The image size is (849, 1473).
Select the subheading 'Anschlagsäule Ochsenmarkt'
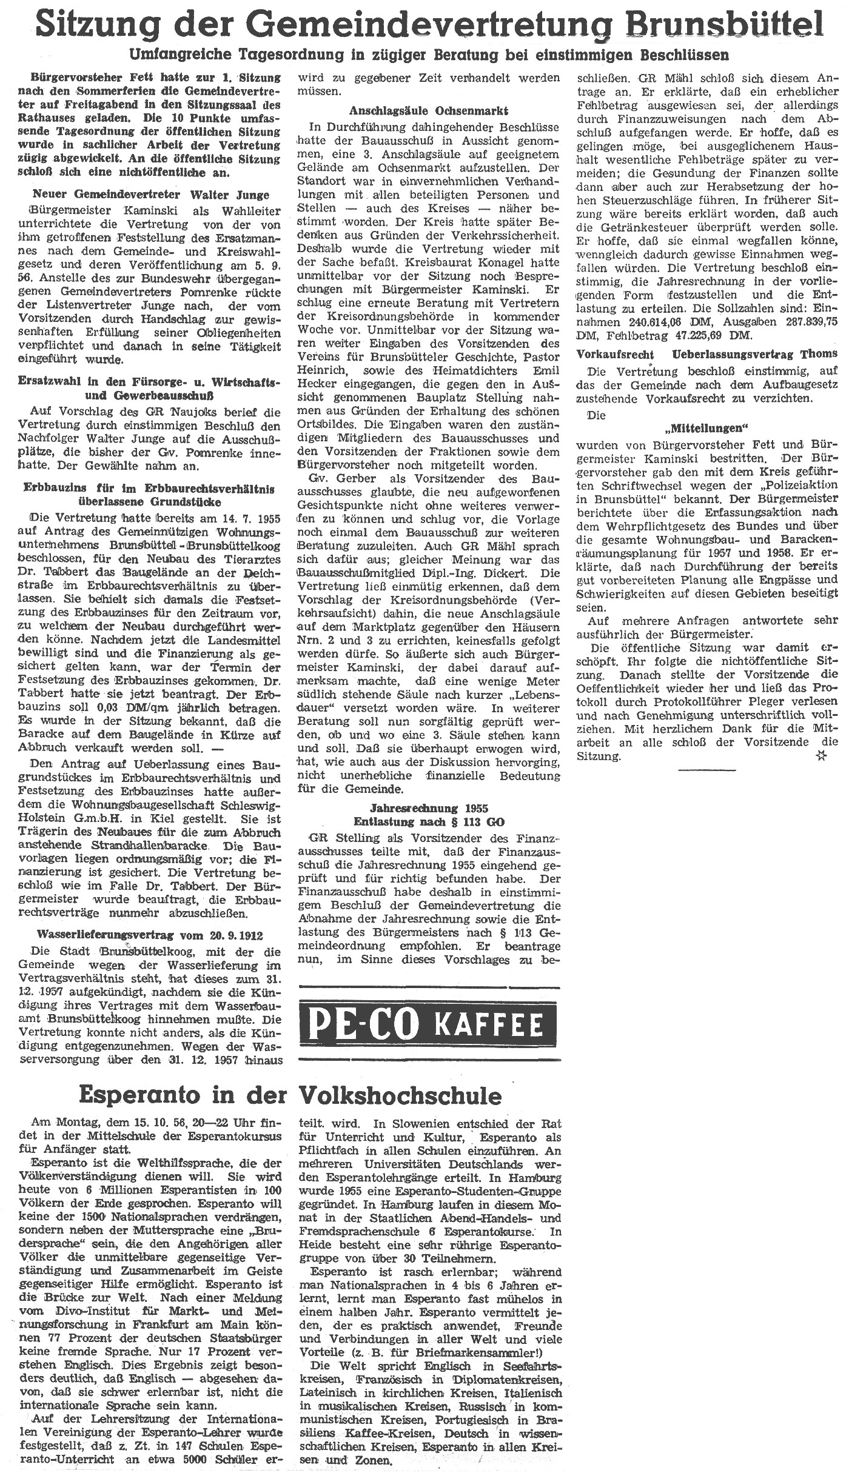(x=429, y=111)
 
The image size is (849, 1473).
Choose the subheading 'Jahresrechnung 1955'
(x=429, y=809)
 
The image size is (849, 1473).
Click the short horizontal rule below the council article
(x=707, y=770)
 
